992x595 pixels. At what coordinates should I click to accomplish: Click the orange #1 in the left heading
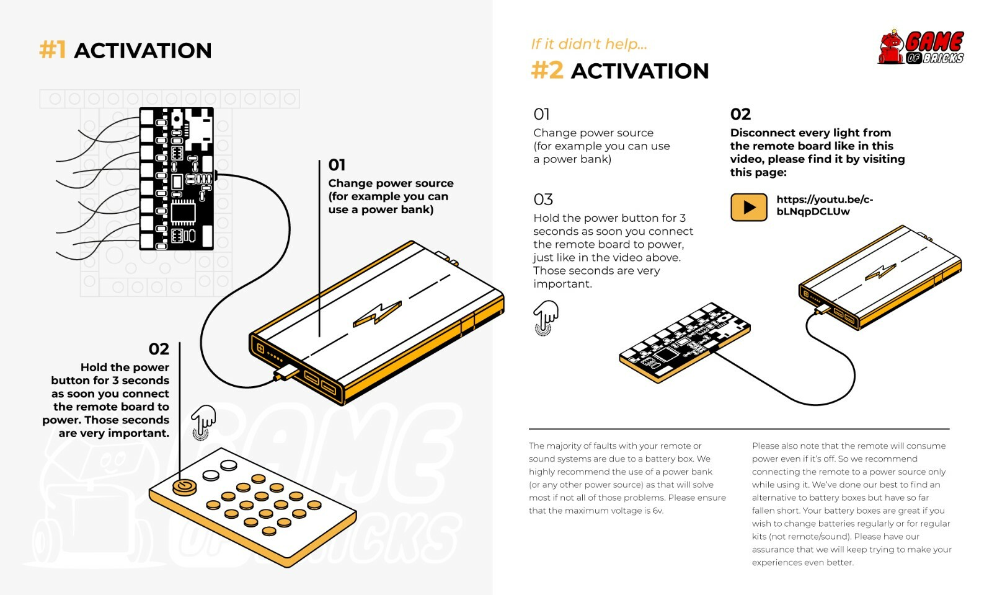(52, 50)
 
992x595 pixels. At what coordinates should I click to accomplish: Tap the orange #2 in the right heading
(547, 71)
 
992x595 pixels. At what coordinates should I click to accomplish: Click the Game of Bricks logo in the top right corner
(921, 48)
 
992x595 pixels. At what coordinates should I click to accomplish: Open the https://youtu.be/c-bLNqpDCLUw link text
(824, 205)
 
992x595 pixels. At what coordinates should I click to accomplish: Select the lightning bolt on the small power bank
(880, 271)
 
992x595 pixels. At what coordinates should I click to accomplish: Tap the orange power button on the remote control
(184, 487)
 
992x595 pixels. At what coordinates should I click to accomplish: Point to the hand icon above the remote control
(203, 421)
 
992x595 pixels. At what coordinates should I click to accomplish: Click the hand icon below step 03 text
(546, 317)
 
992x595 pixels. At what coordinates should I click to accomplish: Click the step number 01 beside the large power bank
(337, 165)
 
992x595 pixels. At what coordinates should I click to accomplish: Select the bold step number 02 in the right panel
(740, 114)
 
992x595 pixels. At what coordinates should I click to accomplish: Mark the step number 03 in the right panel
(542, 200)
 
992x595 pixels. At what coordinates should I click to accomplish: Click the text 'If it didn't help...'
(588, 44)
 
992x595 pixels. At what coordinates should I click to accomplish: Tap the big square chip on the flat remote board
(183, 212)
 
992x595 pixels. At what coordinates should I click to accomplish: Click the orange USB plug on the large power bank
(286, 373)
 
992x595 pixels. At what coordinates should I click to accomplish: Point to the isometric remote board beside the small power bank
(683, 342)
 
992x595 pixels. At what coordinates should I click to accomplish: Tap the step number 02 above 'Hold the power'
(159, 349)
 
